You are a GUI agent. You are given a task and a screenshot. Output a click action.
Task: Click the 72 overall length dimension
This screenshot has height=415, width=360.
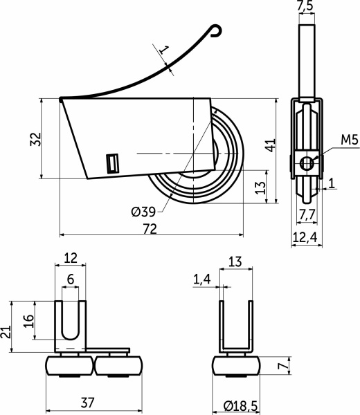pos(150,229)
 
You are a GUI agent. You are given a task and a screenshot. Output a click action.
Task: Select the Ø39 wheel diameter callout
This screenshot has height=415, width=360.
pos(143,212)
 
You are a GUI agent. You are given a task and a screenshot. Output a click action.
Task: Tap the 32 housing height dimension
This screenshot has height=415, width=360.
pos(36,139)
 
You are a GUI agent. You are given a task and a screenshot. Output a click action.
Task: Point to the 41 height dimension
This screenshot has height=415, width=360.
pos(271,145)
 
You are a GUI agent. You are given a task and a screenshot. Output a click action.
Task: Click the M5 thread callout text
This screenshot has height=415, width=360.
pos(350,140)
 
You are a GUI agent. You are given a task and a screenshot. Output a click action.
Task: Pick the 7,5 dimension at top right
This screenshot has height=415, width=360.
pos(305,6)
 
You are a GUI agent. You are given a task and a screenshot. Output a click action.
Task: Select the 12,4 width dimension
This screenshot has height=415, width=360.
pos(305,238)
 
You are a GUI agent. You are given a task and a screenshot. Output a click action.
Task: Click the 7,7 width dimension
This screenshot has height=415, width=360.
pos(307,214)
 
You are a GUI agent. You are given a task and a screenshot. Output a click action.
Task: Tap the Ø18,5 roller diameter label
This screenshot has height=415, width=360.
pos(240,405)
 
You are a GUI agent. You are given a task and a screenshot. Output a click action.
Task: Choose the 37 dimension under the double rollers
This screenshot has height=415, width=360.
pos(87,403)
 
